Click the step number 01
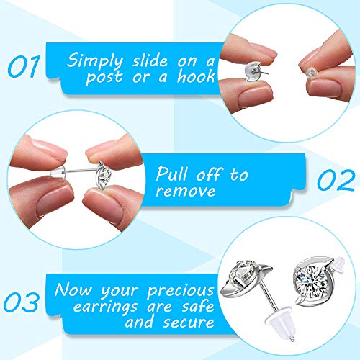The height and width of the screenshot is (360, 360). click(x=24, y=66)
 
